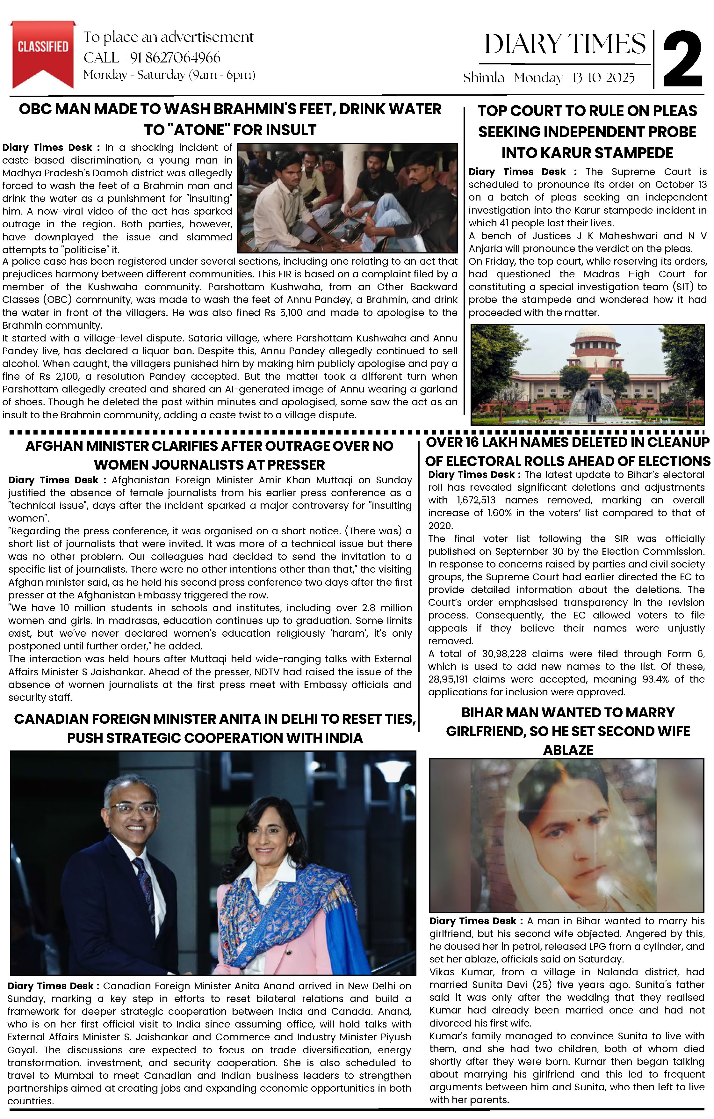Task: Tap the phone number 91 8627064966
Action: pos(175,58)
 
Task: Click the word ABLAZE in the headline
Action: pos(568,750)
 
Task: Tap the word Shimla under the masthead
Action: pos(483,78)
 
